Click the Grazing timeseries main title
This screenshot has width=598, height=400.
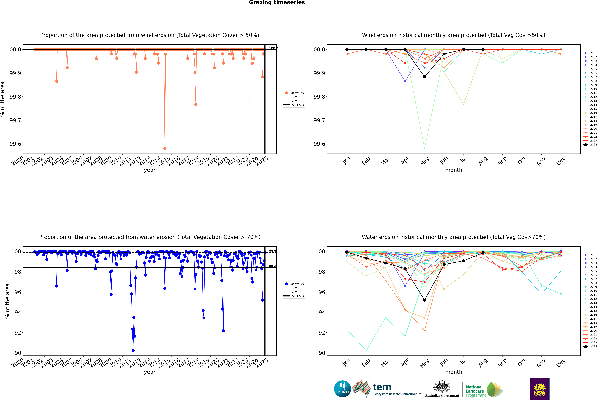[277, 3]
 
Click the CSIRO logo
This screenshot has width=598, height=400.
[342, 389]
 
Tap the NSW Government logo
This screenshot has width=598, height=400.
[540, 389]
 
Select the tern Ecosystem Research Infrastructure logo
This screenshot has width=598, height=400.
[387, 389]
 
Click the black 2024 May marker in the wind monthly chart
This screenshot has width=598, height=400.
[424, 77]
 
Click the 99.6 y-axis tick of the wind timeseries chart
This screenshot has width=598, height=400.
[15, 144]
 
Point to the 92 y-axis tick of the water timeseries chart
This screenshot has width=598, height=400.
[18, 333]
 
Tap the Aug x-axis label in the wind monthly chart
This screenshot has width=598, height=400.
[483, 161]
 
